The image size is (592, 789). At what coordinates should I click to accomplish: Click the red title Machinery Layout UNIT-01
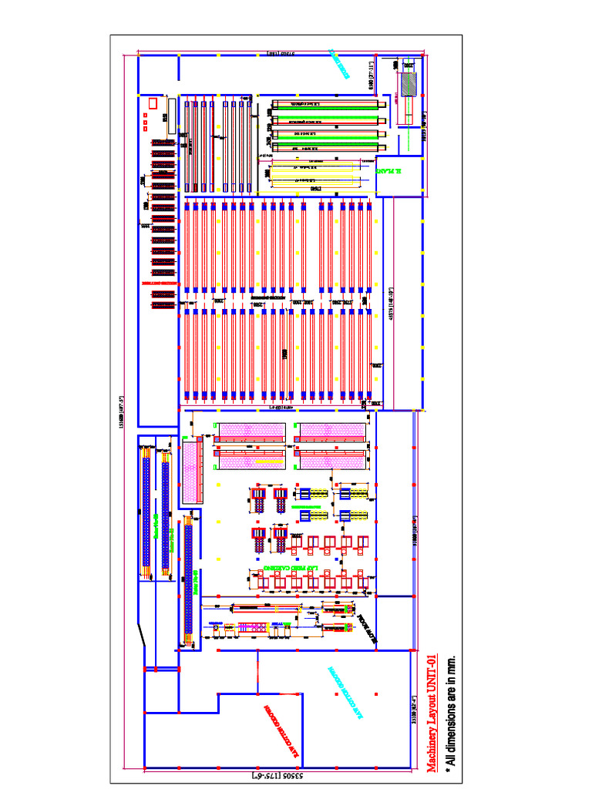point(431,712)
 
